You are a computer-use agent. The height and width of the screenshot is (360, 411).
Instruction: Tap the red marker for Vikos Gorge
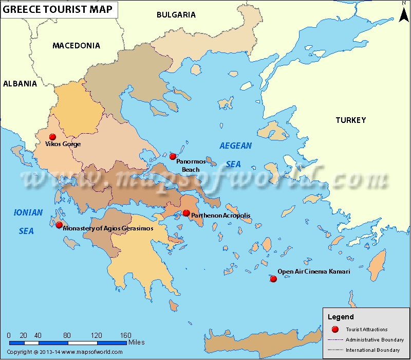coord(52,137)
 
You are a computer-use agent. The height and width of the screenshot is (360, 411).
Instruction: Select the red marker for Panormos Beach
coord(173,156)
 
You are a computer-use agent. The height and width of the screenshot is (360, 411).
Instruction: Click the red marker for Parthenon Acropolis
coord(186,213)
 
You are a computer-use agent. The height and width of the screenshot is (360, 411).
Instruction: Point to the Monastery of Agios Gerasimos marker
coord(59,225)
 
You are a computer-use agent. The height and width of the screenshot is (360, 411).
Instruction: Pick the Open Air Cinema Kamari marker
coord(273,279)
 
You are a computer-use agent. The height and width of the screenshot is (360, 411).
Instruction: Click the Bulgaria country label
coord(176,15)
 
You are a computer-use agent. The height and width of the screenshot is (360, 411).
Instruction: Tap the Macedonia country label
coord(76,46)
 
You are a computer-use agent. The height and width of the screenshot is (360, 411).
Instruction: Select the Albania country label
coord(20,84)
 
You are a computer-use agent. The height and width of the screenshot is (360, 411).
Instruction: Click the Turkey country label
coord(351,120)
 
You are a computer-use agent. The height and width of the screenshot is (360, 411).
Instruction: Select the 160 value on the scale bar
coord(125,335)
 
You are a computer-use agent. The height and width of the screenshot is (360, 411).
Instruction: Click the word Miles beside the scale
coord(137,342)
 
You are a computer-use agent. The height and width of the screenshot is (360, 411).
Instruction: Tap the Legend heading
coord(341,317)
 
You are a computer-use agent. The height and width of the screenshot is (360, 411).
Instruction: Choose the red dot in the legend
coord(335,330)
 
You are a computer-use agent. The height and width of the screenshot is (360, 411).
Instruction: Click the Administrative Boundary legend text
coord(375,340)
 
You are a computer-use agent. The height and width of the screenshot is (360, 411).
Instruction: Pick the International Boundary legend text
coord(372,350)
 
